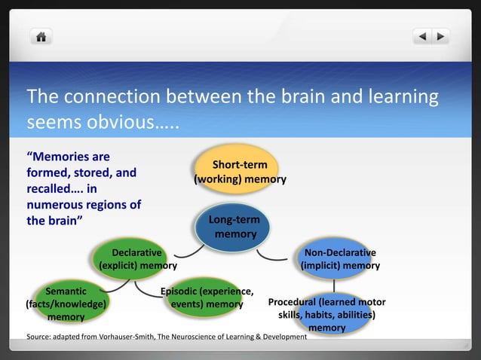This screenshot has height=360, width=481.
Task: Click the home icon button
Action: click(41, 36)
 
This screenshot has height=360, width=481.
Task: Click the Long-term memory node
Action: click(235, 227)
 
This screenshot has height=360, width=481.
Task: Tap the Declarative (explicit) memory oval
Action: click(138, 259)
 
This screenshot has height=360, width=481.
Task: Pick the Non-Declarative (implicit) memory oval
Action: click(340, 259)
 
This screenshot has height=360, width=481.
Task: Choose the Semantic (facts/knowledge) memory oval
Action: click(66, 304)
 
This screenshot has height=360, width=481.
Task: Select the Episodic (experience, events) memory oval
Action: click(207, 298)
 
